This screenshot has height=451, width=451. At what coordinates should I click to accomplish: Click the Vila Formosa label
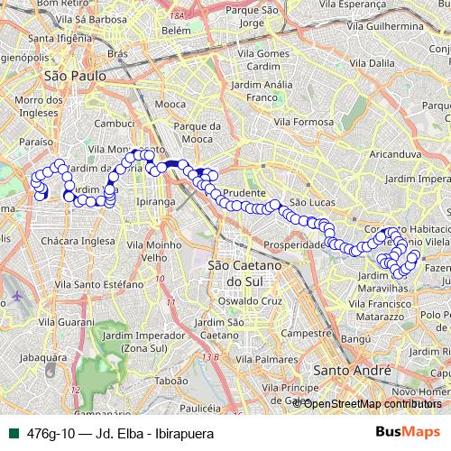(x=304, y=121)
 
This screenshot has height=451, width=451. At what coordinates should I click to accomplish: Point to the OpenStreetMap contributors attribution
(x=371, y=403)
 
